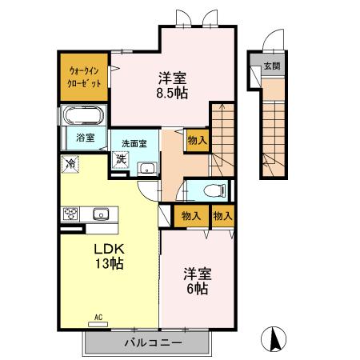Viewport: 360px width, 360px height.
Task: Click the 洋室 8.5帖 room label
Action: [172, 85]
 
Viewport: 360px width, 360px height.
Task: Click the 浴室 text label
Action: [85, 138]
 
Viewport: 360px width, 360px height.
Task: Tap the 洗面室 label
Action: [134, 143]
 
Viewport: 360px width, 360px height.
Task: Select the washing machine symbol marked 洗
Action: [120, 158]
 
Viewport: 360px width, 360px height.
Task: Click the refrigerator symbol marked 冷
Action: [70, 164]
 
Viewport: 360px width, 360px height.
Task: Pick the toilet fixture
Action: [210, 190]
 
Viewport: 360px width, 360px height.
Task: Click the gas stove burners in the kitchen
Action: [70, 214]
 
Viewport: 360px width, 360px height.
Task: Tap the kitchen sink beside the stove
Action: [100, 214]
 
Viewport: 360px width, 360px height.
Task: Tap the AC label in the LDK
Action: [100, 318]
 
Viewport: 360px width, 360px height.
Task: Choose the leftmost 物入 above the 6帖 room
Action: [190, 216]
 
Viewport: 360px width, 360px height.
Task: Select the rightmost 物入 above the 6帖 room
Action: [222, 216]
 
